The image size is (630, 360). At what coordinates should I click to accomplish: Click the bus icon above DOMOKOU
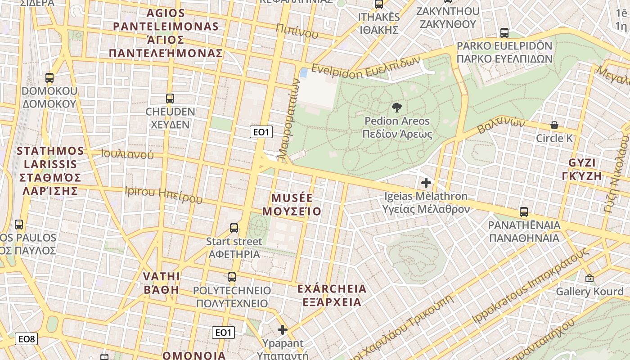pyautogui.click(x=49, y=78)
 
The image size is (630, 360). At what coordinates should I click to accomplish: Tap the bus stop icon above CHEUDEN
pyautogui.click(x=170, y=99)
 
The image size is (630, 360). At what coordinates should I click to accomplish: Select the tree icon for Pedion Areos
pyautogui.click(x=397, y=108)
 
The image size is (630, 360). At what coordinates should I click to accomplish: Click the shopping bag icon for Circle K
pyautogui.click(x=554, y=125)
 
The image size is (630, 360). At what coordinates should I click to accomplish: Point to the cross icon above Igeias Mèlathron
pyautogui.click(x=426, y=183)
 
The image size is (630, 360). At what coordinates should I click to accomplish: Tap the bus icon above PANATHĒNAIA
pyautogui.click(x=524, y=212)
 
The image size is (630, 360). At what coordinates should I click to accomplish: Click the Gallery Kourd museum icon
pyautogui.click(x=589, y=278)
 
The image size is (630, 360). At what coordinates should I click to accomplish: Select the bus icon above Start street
pyautogui.click(x=234, y=228)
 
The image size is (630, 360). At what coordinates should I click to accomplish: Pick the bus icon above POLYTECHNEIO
pyautogui.click(x=232, y=277)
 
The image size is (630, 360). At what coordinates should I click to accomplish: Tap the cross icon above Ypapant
pyautogui.click(x=283, y=330)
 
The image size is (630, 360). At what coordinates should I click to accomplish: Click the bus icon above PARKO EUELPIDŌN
pyautogui.click(x=504, y=33)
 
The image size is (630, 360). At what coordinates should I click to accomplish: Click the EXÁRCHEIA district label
pyautogui.click(x=332, y=288)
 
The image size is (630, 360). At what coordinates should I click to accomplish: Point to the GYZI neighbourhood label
pyautogui.click(x=582, y=163)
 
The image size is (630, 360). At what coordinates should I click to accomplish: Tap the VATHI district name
pyautogui.click(x=162, y=276)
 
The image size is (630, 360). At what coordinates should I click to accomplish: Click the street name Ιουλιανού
pyautogui.click(x=127, y=154)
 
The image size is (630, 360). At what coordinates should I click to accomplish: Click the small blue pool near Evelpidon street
pyautogui.click(x=304, y=72)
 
